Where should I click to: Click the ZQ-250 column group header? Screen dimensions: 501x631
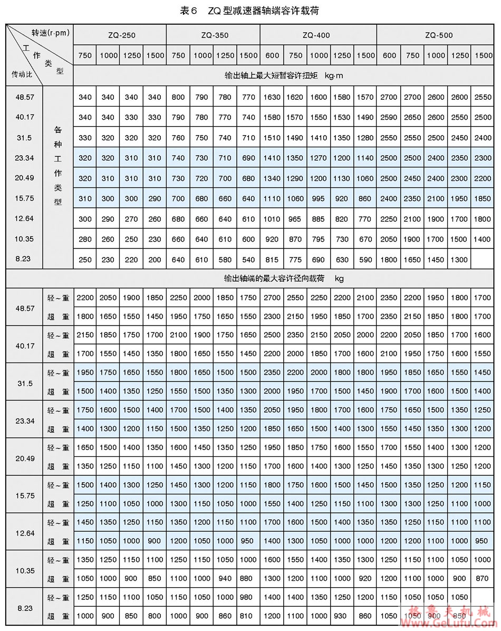tap(120, 35)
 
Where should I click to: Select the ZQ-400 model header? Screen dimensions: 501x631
tap(318, 35)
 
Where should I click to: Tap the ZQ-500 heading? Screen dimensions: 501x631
tap(438, 35)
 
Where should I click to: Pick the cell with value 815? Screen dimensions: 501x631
tap(272, 260)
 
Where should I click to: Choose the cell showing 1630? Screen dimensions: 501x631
tap(272, 97)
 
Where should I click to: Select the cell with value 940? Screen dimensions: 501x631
tap(225, 579)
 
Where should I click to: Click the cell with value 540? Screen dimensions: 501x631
tap(248, 260)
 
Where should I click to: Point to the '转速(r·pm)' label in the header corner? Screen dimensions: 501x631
tap(51, 33)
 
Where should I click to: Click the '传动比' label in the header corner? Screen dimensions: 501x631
tap(22, 74)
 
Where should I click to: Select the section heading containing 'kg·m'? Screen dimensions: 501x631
tap(284, 75)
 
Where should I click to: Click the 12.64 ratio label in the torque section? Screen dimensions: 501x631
tap(24, 219)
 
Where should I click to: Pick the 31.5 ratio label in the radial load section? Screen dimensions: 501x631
tap(24, 382)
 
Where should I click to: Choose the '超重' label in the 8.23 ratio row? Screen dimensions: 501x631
tap(58, 616)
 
